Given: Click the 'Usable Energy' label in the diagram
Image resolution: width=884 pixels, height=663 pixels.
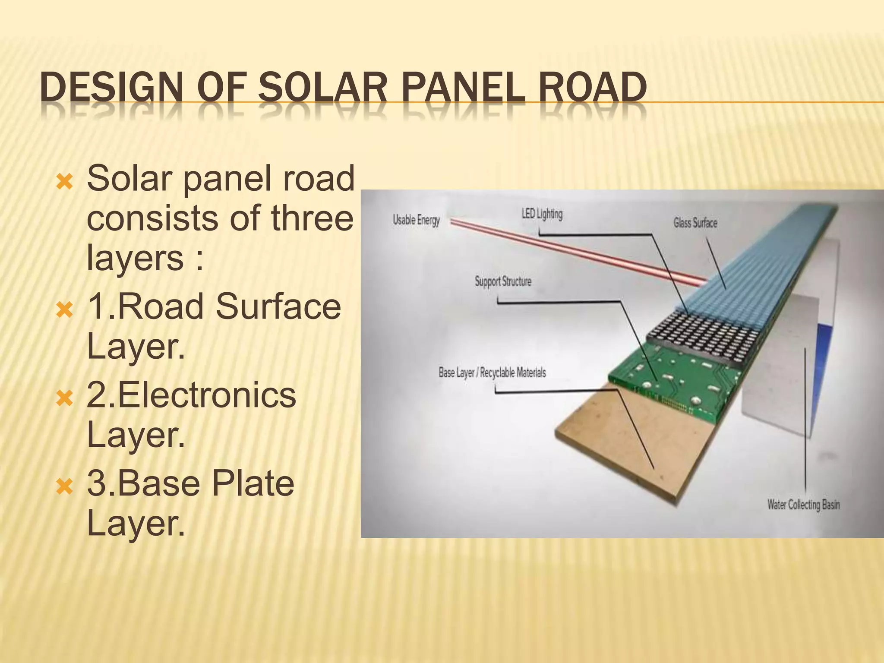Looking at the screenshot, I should point(416,220).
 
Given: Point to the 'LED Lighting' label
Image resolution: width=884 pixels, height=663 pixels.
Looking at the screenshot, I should point(542,214).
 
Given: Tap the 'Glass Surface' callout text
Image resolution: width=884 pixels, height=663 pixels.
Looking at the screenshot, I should point(695,223).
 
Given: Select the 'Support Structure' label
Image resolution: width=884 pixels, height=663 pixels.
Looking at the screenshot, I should point(503,281).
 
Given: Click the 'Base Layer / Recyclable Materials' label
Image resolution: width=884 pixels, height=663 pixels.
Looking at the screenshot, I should point(492,373).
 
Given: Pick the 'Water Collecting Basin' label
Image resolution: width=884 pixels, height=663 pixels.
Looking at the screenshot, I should point(803,505).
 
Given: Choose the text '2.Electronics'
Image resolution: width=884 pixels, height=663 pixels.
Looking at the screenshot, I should point(191,395).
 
